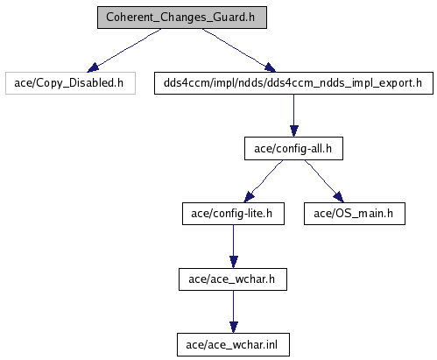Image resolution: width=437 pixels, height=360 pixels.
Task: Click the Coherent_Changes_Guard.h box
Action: (x=182, y=18)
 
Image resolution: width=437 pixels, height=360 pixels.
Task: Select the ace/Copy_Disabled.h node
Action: (x=70, y=83)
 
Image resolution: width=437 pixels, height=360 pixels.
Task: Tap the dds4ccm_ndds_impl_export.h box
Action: (x=293, y=83)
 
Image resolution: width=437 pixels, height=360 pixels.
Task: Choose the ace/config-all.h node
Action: (x=293, y=149)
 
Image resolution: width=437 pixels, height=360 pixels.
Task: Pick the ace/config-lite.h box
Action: (x=233, y=214)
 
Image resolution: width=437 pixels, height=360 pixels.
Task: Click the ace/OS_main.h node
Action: (x=355, y=214)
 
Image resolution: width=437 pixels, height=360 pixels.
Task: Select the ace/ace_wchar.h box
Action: (x=233, y=279)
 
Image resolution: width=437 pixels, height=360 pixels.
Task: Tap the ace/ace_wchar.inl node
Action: (x=233, y=345)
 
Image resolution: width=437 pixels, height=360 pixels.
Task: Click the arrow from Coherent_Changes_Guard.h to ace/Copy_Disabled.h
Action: (x=124, y=50)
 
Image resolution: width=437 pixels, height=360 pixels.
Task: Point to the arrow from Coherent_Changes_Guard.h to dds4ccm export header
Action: (x=239, y=50)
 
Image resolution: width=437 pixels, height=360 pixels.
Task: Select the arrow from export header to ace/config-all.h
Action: (x=294, y=116)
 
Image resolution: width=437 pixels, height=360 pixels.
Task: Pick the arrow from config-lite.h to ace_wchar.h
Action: (x=234, y=247)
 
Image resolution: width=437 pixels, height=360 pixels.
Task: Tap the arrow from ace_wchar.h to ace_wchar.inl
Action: (x=234, y=312)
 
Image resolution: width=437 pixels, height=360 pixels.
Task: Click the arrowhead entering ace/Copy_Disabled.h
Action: (x=93, y=68)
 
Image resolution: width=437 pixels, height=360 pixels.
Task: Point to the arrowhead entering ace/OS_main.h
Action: (x=339, y=197)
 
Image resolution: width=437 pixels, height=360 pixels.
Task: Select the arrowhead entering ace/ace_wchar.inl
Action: (x=234, y=328)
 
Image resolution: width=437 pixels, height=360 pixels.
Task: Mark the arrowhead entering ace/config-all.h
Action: (x=294, y=131)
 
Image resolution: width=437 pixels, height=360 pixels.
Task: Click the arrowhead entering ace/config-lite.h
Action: (x=249, y=197)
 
